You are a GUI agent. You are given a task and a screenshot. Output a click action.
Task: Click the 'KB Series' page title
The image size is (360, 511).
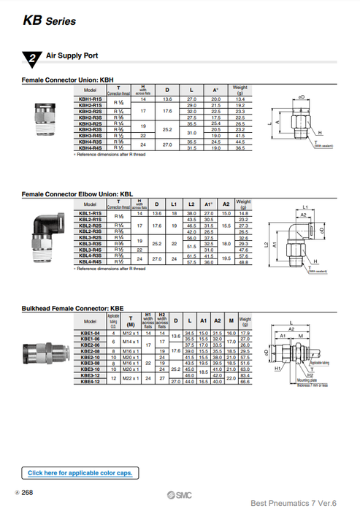coord(49,20)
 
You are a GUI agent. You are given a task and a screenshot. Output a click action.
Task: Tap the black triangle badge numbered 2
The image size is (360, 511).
coord(31,58)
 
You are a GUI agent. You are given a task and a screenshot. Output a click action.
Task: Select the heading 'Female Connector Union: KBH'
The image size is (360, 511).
coord(68,80)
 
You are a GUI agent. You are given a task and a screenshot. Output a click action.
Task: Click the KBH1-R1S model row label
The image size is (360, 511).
coord(91,99)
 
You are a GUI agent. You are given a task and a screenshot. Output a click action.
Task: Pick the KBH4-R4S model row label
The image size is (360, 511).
coord(91,148)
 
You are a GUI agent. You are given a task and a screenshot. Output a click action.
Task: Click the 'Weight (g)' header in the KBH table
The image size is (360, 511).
coord(240,91)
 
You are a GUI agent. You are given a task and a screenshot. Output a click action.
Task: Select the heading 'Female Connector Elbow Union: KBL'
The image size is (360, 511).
coord(77,195)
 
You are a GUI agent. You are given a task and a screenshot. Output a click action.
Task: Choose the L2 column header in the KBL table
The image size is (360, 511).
coord(191,204)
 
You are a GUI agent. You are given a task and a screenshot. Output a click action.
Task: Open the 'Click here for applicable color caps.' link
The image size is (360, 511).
coord(80,473)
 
